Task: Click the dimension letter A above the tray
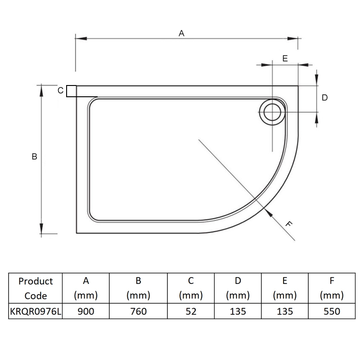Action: click(x=181, y=33)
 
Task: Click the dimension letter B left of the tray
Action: click(x=35, y=157)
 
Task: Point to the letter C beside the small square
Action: click(x=60, y=90)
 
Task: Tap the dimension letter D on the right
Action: click(x=324, y=98)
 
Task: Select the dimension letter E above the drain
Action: click(x=285, y=58)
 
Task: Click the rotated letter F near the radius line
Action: click(x=288, y=223)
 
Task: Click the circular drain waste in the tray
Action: click(x=272, y=112)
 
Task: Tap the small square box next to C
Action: click(x=72, y=91)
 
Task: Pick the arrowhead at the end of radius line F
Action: click(x=268, y=213)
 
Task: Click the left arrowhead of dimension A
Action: click(x=81, y=38)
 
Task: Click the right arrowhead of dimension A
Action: click(x=293, y=38)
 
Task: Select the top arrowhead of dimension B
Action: click(x=41, y=90)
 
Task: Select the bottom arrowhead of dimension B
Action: click(x=41, y=229)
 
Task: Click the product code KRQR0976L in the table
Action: click(x=36, y=311)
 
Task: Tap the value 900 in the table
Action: click(x=86, y=311)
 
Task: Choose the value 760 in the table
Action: click(x=139, y=311)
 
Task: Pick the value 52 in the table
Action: click(x=191, y=311)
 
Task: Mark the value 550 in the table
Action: click(x=332, y=311)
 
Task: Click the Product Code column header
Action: click(x=36, y=288)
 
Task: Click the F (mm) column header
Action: click(x=332, y=288)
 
